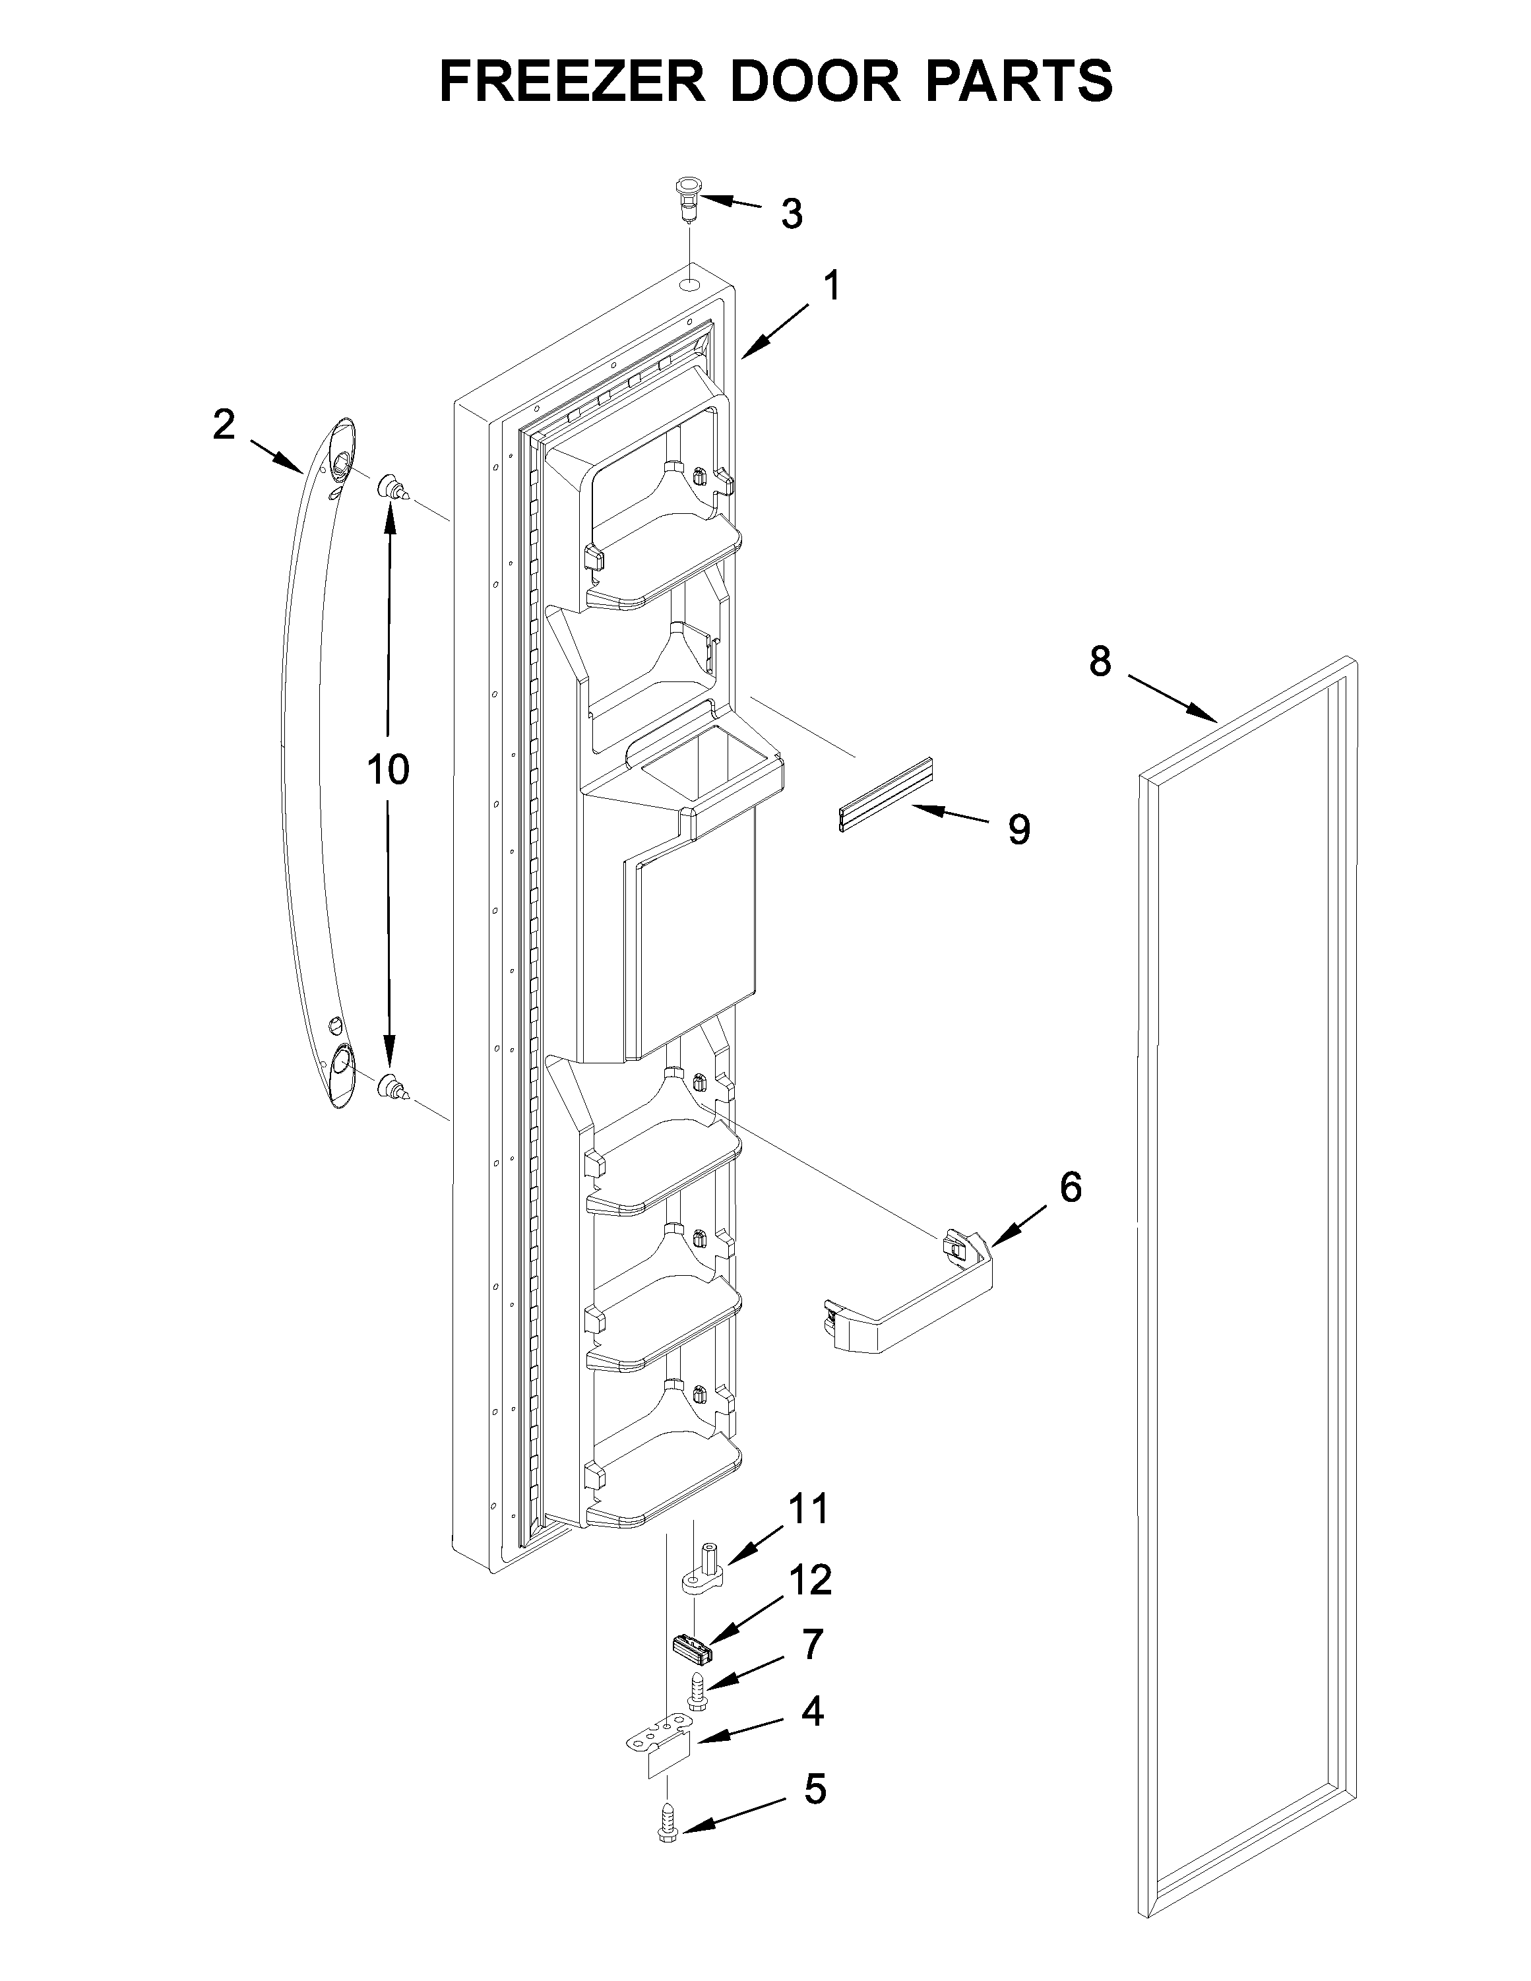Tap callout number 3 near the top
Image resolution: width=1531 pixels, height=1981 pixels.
click(792, 214)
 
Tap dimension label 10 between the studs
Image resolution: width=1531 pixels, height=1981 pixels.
click(388, 769)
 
